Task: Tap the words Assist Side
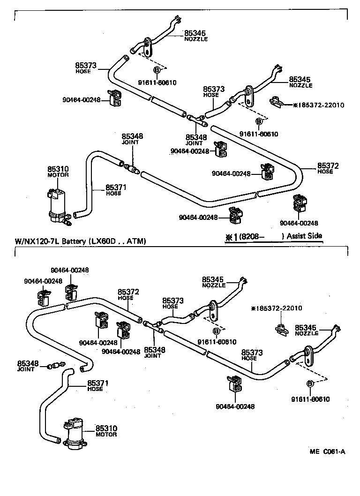coord(304,236)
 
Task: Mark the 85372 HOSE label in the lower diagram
coord(128,294)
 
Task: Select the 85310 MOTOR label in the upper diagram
coord(58,171)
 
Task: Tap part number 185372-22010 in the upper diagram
coord(321,105)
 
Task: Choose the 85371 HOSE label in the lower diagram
coord(98,385)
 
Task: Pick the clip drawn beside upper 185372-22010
coord(277,102)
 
